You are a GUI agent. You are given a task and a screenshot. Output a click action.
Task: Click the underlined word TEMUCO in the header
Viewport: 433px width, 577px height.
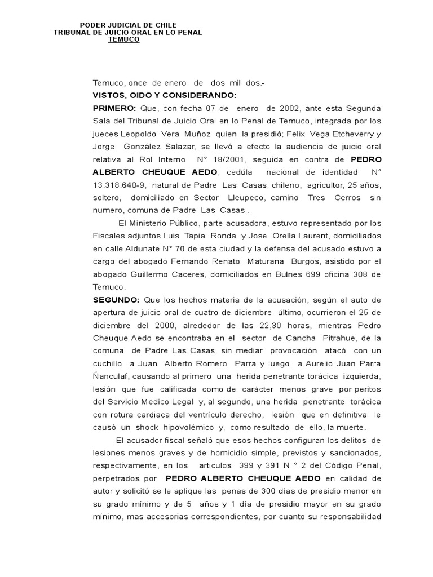coord(123,39)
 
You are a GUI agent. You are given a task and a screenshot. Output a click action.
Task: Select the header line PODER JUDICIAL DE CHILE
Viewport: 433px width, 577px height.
coord(128,25)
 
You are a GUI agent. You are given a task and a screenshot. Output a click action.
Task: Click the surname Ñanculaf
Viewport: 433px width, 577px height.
coord(113,376)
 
